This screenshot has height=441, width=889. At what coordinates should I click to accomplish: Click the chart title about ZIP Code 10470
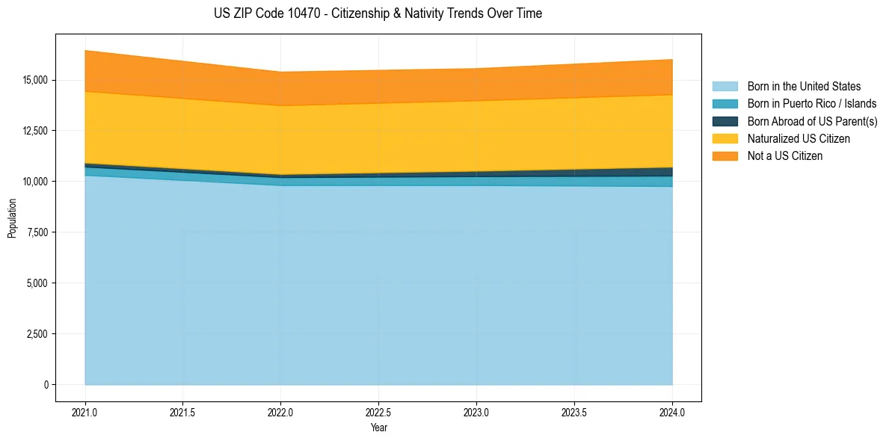pos(378,13)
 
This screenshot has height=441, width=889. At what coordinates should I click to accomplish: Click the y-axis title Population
pos(12,218)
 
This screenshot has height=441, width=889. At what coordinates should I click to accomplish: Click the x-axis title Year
pos(378,428)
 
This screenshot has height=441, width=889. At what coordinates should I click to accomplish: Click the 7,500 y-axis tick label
pos(34,232)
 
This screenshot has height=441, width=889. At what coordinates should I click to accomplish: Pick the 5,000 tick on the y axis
pos(34,283)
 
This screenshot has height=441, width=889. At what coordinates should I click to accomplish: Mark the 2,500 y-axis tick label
pos(34,334)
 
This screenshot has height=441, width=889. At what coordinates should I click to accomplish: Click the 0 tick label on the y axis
pos(46,385)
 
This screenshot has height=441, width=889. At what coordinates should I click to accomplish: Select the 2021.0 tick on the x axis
pos(85,412)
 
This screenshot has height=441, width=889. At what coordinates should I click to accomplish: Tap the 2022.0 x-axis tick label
pos(280,412)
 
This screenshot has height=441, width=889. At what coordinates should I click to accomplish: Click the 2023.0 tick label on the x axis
pos(476,412)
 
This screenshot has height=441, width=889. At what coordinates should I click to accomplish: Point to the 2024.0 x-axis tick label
pos(672,412)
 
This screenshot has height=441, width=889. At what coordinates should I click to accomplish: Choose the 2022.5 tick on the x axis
pos(378,412)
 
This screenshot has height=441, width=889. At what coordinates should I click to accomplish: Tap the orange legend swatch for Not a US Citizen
pos(725,156)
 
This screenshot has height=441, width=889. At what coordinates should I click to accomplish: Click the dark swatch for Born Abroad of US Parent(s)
pos(725,121)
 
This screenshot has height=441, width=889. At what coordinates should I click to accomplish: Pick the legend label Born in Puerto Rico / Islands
pos(811,104)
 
